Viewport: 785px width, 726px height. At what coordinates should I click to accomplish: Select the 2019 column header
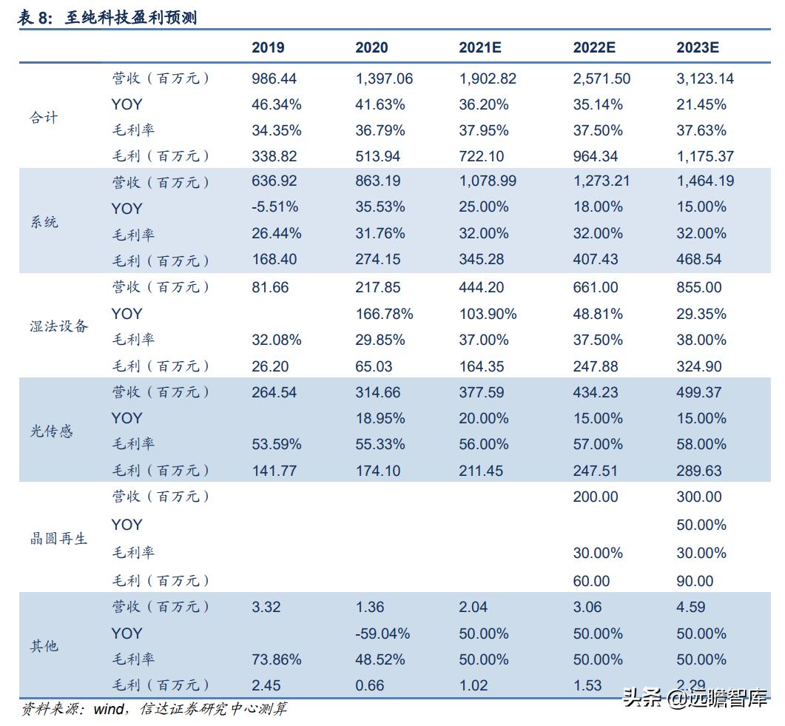(x=268, y=47)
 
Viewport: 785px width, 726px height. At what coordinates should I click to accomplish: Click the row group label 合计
(x=44, y=118)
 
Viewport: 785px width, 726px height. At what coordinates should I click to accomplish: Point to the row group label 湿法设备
(x=58, y=326)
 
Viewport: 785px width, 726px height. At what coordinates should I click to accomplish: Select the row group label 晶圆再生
(x=58, y=539)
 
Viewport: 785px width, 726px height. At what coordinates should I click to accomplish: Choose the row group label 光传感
(x=51, y=431)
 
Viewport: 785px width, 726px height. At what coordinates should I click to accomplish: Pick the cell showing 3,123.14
(x=705, y=78)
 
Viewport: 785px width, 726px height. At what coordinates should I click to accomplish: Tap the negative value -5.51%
(x=274, y=207)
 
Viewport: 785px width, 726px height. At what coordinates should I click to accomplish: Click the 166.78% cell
(x=384, y=314)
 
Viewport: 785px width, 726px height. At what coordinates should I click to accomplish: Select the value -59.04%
(x=383, y=633)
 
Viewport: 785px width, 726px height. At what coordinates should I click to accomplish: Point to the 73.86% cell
(x=276, y=659)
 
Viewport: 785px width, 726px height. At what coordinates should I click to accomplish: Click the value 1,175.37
(x=705, y=156)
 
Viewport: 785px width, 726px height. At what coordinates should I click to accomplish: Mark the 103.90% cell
(x=488, y=314)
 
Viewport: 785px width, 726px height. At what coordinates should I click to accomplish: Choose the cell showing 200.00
(x=595, y=497)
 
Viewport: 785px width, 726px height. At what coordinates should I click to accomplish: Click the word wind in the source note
(x=110, y=709)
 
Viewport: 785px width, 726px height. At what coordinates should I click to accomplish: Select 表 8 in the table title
(x=34, y=19)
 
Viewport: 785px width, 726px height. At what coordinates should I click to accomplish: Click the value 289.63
(x=698, y=471)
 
